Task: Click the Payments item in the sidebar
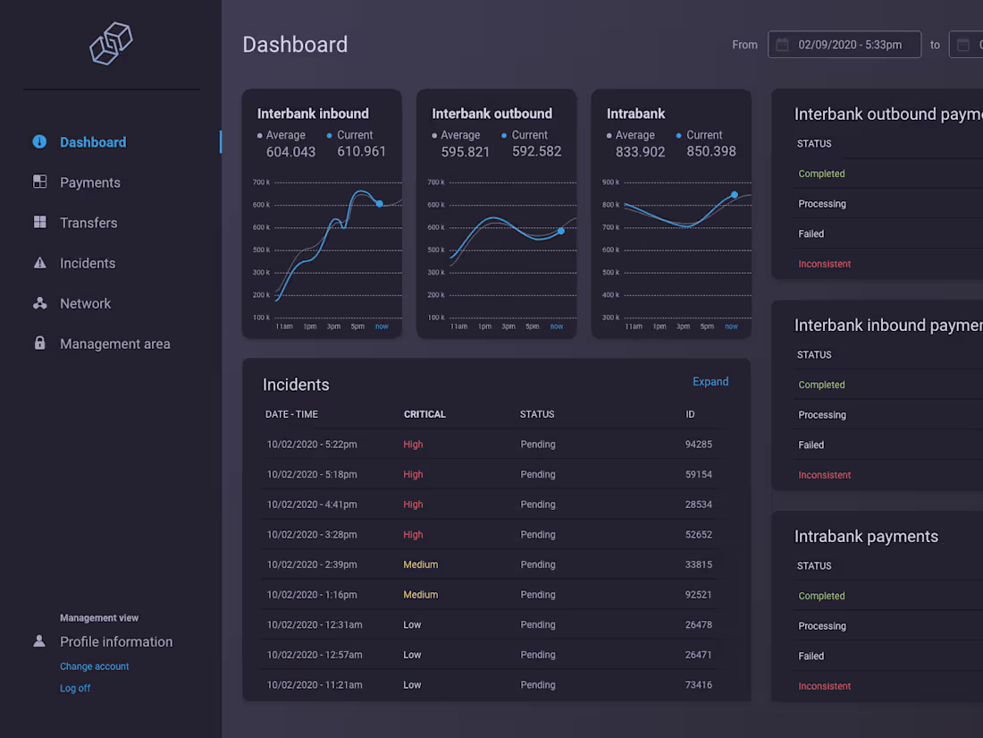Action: coord(89,182)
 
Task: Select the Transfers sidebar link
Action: coord(88,223)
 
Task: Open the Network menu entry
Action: coord(85,304)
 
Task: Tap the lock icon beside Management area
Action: coord(39,343)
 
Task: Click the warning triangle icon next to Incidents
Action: coord(39,263)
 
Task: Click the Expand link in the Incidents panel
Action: coord(710,382)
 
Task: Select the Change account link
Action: coord(94,666)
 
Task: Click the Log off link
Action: coord(75,689)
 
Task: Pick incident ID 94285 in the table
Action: coord(699,445)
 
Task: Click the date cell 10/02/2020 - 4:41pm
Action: coord(312,505)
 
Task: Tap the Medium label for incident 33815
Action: coord(421,564)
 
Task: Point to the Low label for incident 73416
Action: coord(412,685)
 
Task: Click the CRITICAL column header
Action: coord(424,414)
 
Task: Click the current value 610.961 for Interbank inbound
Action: coord(362,151)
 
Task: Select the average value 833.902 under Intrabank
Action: coord(640,152)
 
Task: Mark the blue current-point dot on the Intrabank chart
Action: coord(734,195)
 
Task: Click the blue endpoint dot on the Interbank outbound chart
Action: coord(561,232)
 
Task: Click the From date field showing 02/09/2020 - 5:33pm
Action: coord(844,45)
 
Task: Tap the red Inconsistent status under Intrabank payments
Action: coord(825,686)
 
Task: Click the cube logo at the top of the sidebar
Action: coord(111,43)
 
